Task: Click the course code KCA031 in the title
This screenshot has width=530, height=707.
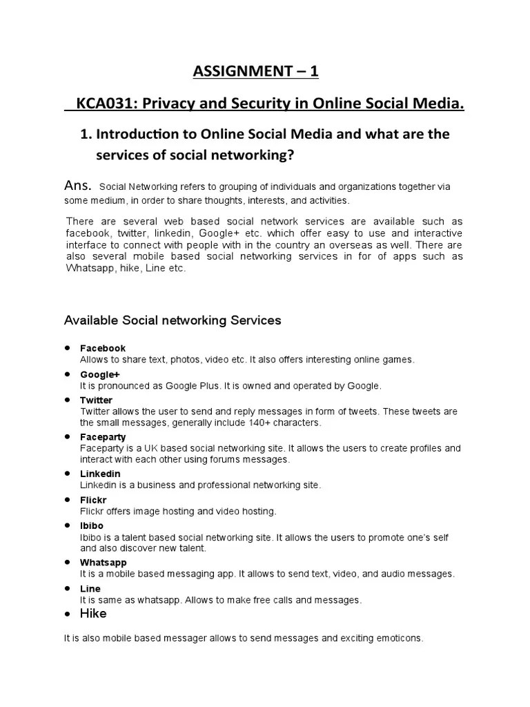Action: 102,104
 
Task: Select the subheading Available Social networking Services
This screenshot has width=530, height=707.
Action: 173,320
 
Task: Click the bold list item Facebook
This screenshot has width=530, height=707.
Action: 103,349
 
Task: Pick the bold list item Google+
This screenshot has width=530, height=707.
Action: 100,374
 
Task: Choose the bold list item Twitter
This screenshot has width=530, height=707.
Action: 96,400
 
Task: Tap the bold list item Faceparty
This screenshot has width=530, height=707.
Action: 103,437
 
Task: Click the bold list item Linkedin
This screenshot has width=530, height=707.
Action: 100,474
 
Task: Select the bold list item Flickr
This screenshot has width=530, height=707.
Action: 93,499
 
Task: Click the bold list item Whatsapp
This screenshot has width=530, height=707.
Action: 104,563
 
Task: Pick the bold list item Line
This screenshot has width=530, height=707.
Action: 90,589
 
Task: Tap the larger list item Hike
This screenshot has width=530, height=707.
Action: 93,613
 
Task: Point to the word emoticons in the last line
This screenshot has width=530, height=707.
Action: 397,639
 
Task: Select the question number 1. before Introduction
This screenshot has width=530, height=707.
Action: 87,134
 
